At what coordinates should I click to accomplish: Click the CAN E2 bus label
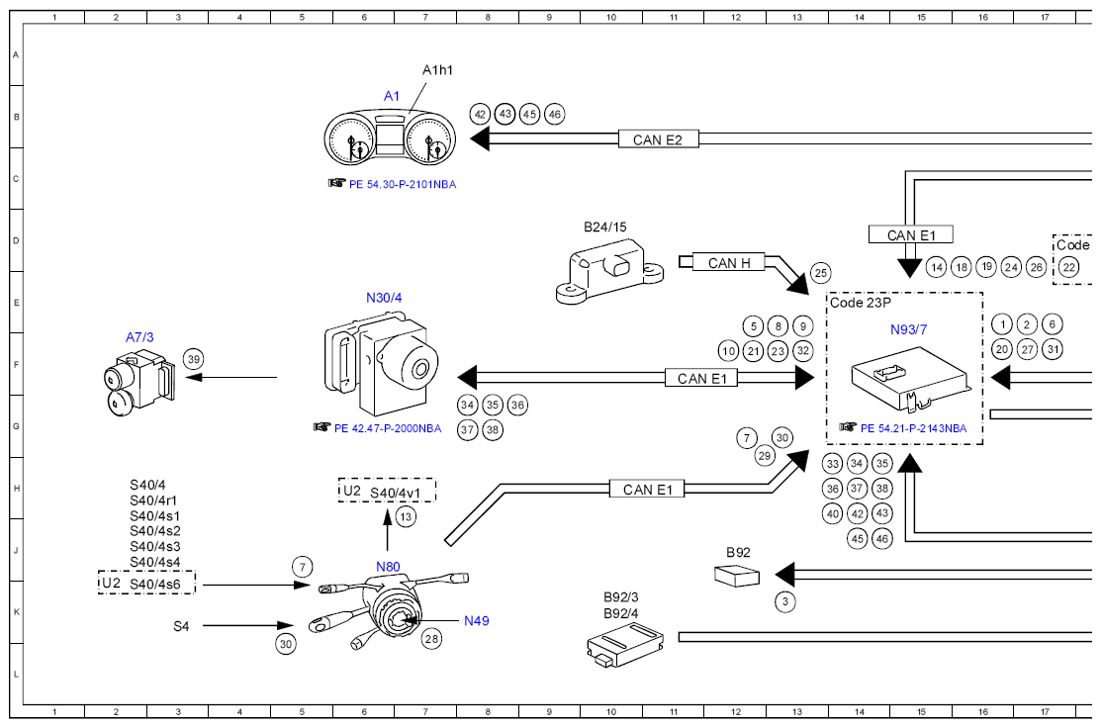point(658,139)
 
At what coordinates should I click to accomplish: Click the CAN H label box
point(729,262)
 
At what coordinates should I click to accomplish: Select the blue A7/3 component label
point(139,337)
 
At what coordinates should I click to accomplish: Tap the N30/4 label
point(384,298)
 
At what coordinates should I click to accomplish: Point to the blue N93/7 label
point(909,329)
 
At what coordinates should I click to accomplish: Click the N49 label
point(476,620)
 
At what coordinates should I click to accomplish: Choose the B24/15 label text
point(605,227)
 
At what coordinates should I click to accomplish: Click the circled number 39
point(194,359)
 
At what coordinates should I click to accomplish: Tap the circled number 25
point(820,273)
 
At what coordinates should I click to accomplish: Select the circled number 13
point(406,517)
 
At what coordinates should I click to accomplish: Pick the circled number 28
point(432,638)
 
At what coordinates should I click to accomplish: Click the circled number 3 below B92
point(785,601)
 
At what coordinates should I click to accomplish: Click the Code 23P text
point(861,303)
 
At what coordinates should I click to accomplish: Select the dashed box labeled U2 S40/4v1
point(387,491)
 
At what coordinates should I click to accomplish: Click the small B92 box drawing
point(737,576)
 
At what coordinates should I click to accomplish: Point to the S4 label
point(181,626)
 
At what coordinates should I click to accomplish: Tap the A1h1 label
point(437,70)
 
